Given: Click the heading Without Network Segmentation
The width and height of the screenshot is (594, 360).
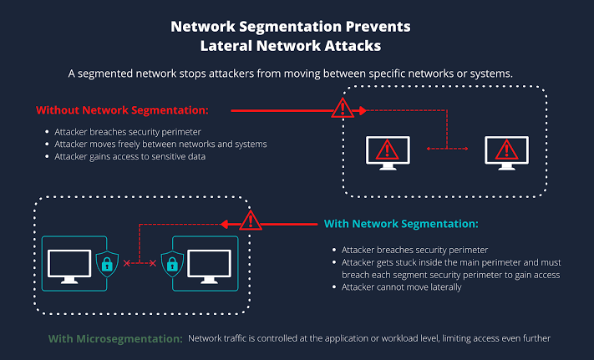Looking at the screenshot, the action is coord(122,110).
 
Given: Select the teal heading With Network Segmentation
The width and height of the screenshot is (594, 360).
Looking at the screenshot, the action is coord(401,224).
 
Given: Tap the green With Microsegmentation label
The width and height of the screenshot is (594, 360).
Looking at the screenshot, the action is coord(115,339).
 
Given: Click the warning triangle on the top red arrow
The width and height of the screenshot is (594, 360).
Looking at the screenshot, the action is coord(343,108).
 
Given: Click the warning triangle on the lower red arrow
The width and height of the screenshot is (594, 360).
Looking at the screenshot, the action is coord(251,221).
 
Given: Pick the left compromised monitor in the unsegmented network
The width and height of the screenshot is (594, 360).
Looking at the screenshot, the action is coord(388,153).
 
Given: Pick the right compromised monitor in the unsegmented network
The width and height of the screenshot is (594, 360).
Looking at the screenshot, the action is coord(506,153).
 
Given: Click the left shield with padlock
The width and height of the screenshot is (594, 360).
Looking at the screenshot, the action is coord(107,263).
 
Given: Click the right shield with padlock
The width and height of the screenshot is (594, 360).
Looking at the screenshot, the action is coord(172,263).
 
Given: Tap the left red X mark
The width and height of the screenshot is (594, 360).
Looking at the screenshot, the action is coord(126,263).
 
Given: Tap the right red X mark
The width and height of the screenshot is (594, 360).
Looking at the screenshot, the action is coord(153,263).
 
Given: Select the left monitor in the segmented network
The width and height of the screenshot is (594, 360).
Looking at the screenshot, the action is coord(69,266).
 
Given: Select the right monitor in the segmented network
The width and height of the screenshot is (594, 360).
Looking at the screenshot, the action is coord(210,266).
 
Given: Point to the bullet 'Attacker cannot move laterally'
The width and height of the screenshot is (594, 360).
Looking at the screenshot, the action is coord(402,287).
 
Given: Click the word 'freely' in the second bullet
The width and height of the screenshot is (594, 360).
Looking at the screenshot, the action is coord(131,145).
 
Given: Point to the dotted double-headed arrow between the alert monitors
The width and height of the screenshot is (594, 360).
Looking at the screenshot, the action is coord(448,149).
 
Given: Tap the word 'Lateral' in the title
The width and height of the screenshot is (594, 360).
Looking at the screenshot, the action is coord(226,46).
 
